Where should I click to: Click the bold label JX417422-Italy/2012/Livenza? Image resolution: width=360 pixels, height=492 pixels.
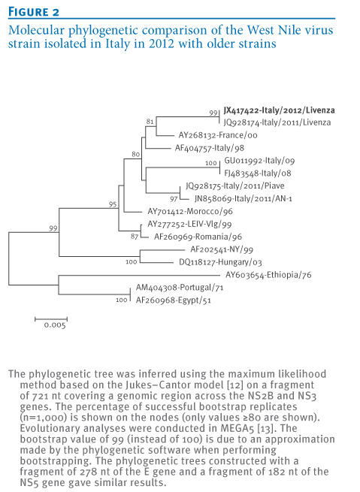click(279, 110)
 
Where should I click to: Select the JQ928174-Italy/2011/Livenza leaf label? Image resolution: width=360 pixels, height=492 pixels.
click(277, 122)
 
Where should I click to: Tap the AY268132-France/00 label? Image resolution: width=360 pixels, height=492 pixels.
click(218, 135)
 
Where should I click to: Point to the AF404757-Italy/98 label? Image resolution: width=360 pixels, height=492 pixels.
click(210, 148)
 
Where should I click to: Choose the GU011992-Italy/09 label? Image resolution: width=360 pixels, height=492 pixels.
click(259, 161)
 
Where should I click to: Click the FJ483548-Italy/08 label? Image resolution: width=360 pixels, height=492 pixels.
click(258, 174)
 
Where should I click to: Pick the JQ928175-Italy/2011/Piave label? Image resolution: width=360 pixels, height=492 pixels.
click(235, 186)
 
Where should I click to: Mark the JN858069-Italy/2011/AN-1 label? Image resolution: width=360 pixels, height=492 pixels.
click(244, 198)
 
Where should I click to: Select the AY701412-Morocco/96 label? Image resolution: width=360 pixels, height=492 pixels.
click(190, 211)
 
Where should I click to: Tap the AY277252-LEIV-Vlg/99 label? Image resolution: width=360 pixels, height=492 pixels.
click(189, 224)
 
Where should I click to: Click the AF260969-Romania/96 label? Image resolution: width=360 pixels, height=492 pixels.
click(198, 237)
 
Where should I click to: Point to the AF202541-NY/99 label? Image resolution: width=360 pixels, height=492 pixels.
click(222, 249)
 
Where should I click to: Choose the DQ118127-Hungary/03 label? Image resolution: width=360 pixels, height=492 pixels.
click(220, 262)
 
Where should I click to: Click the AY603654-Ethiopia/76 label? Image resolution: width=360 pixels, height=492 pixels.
click(268, 275)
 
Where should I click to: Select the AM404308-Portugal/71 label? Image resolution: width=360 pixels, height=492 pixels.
click(180, 288)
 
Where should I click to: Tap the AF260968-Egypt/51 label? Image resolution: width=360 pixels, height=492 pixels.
click(174, 300)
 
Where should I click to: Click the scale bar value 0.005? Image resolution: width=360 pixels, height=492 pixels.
click(55, 325)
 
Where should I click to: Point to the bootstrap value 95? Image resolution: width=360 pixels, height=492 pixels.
click(113, 204)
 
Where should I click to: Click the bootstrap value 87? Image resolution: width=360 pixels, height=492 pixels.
click(135, 237)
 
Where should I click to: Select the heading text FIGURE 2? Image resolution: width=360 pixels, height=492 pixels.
click(34, 12)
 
